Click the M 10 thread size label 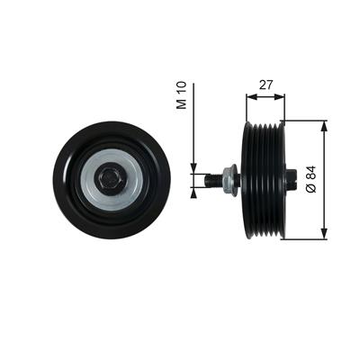point(182,94)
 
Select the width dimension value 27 point(265,85)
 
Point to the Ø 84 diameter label point(311,179)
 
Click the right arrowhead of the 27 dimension point(279,96)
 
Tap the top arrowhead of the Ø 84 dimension point(324,127)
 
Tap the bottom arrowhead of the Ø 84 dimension point(324,234)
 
